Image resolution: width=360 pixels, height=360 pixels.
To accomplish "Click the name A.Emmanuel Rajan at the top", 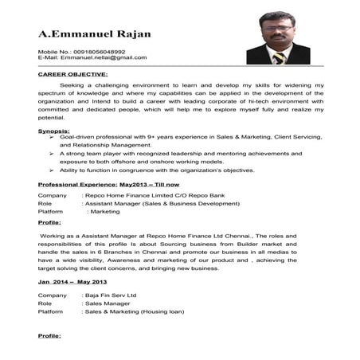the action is [x=95, y=34].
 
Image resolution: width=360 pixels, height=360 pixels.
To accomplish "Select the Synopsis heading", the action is [x=53, y=130].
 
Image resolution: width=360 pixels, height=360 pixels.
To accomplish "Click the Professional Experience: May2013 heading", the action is [x=109, y=185].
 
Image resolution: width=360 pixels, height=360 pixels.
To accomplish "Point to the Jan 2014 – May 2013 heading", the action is [x=72, y=283].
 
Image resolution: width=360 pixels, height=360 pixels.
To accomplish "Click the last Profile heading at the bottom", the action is [x=49, y=337].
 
